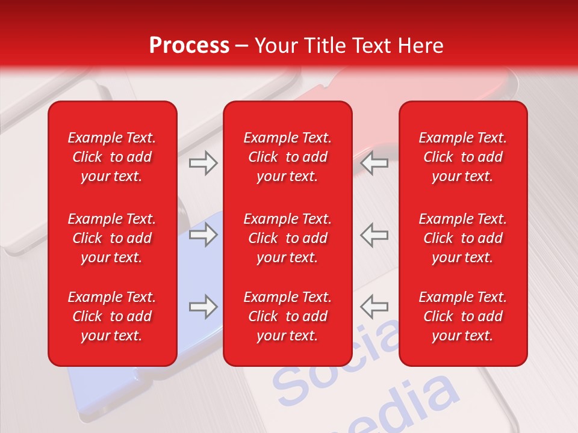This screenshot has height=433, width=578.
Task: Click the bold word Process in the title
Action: click(189, 46)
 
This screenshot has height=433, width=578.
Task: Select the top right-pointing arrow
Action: click(203, 163)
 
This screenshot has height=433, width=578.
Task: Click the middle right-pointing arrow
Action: click(203, 235)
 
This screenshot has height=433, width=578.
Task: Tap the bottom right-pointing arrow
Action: click(203, 307)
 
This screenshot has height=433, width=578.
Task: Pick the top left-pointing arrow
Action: click(374, 163)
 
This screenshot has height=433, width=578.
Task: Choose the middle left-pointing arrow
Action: click(374, 235)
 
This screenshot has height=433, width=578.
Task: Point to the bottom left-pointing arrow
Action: click(374, 307)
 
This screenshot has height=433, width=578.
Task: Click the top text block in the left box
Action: click(112, 157)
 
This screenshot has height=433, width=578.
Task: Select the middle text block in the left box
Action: click(112, 238)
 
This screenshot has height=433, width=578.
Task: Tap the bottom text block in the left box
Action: click(112, 316)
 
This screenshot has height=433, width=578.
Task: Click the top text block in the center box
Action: click(287, 157)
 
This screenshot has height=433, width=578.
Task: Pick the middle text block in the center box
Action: click(287, 238)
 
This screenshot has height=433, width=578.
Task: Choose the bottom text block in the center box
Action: click(287, 316)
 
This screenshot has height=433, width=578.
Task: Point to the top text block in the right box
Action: click(462, 157)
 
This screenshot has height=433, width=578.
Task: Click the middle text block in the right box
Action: click(462, 238)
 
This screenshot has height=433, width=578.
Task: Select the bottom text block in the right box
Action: click(462, 316)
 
